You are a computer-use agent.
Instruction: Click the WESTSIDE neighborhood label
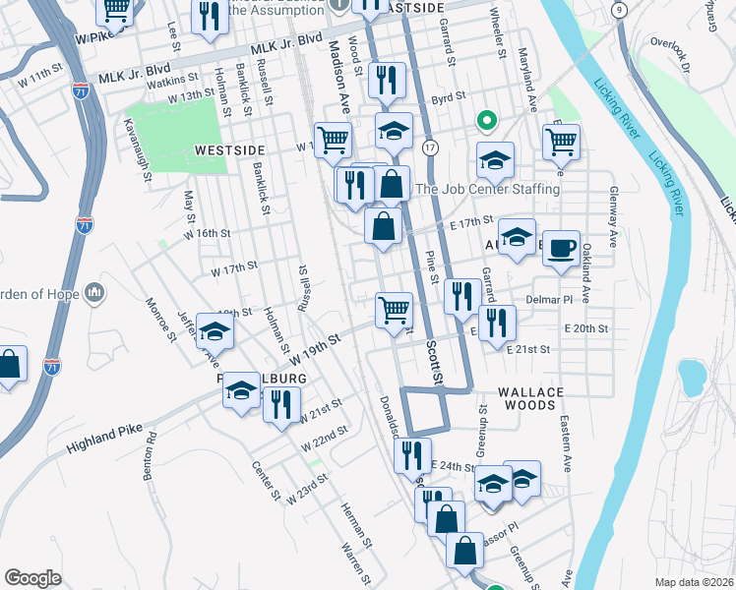pos(229,148)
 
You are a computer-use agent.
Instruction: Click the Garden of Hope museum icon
pos(95,292)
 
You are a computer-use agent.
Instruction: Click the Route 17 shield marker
pos(430,147)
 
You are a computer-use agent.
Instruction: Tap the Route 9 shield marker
pos(618,9)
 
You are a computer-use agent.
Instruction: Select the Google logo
pos(32,578)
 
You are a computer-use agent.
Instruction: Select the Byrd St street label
pos(448,98)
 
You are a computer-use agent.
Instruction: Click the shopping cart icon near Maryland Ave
pos(561,142)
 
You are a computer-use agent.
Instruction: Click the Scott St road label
pos(434,364)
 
